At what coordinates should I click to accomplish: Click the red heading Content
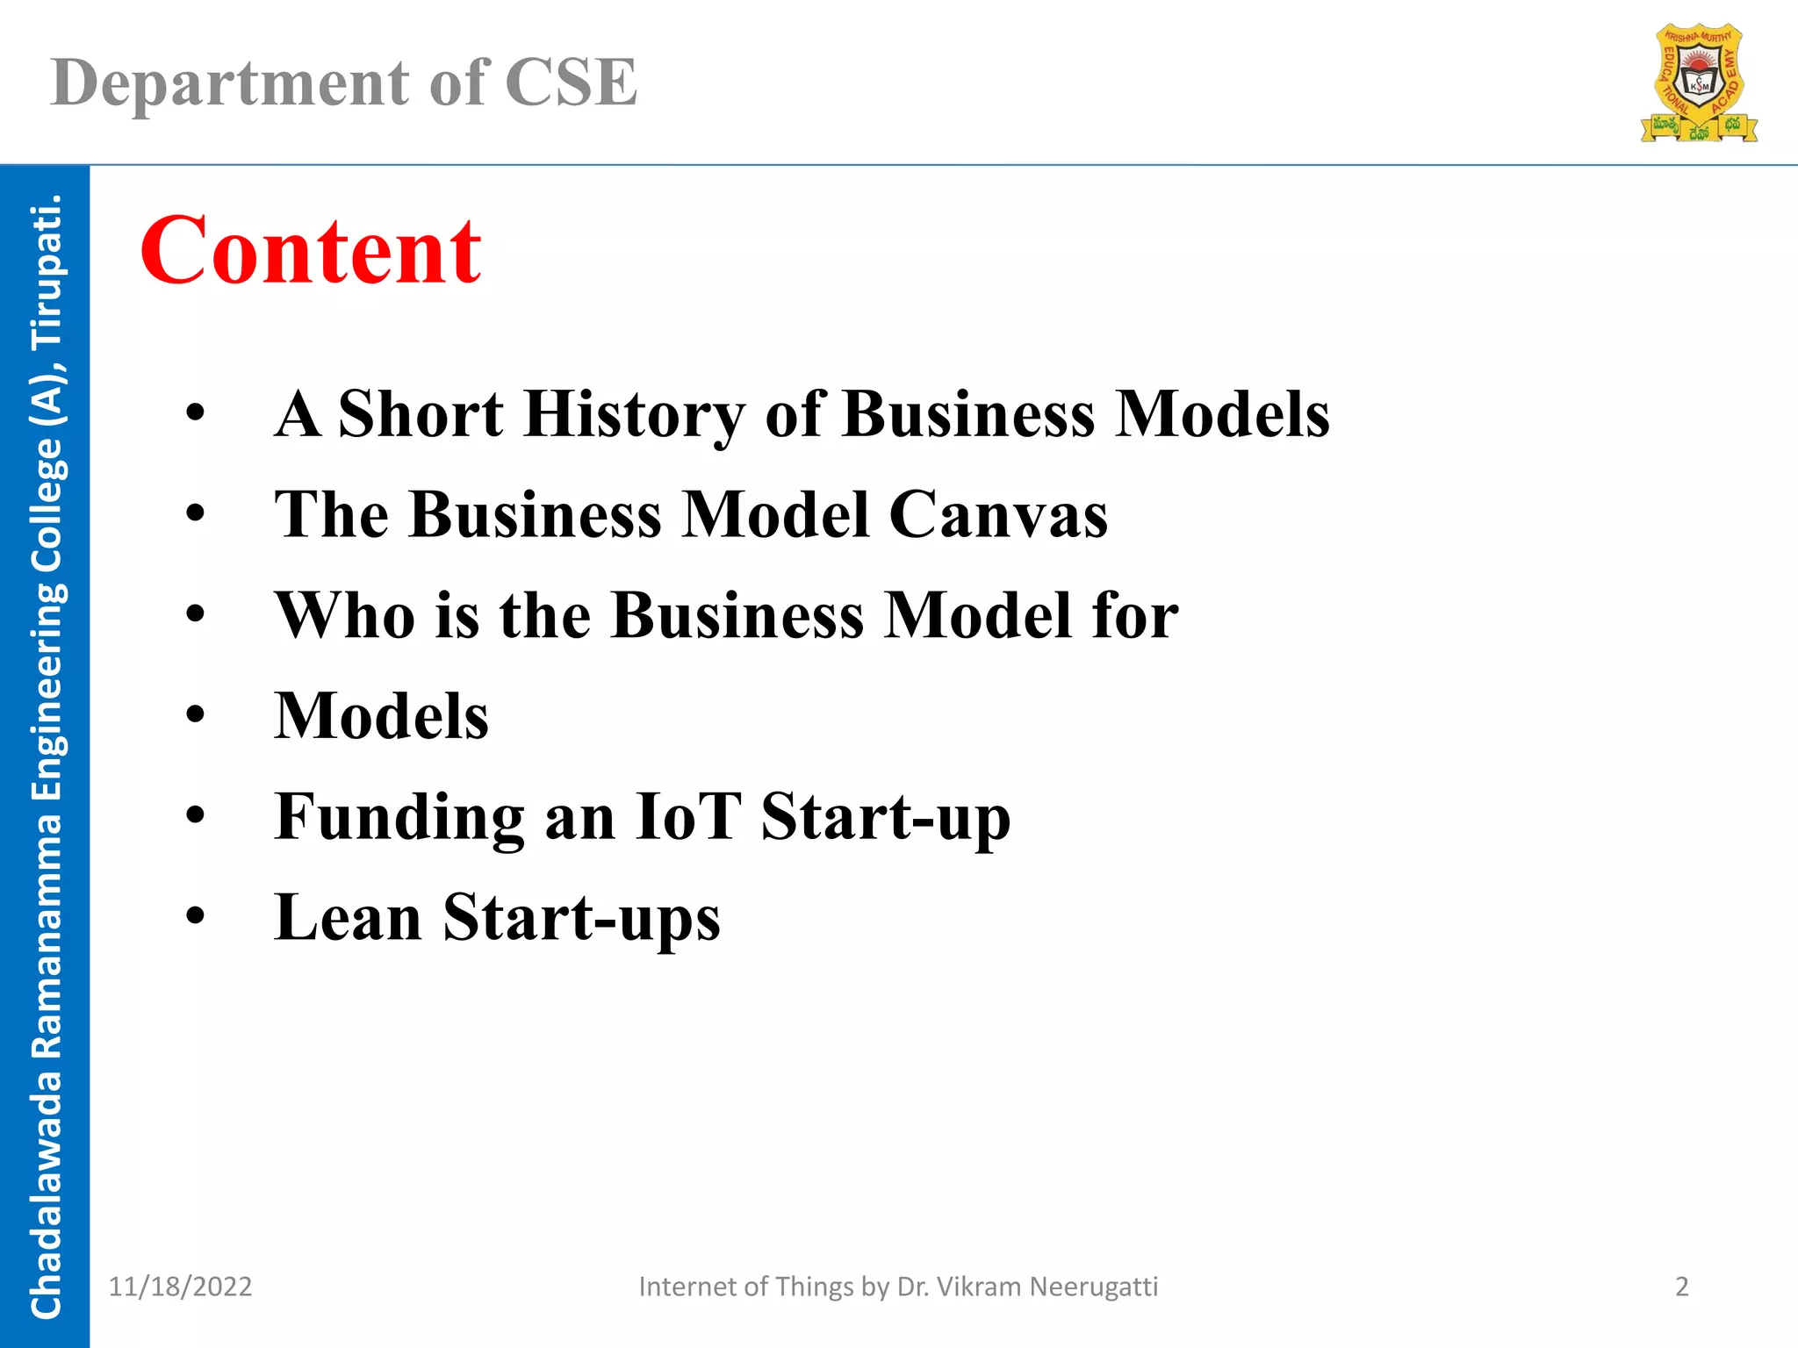pos(311,252)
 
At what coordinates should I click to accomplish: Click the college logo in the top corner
pos(1699,83)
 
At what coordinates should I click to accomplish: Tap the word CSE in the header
pos(571,83)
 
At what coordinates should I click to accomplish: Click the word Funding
pos(399,818)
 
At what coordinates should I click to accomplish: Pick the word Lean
pos(348,917)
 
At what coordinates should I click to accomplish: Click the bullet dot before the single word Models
pos(195,715)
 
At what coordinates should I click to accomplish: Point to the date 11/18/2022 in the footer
pos(180,1287)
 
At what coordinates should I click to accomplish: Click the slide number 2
pos(1681,1287)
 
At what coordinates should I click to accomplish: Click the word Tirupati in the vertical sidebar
pos(46,272)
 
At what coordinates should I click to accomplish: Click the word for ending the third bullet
pos(1135,615)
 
